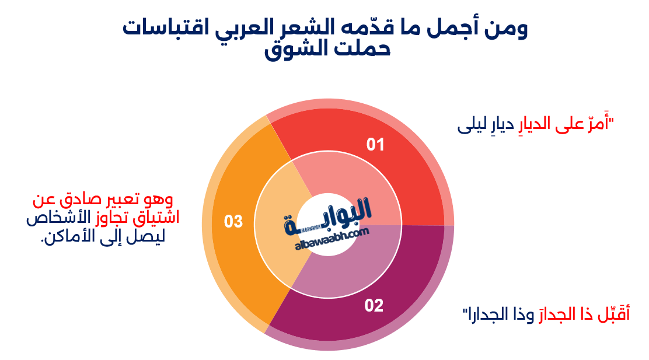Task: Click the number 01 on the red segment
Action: (375, 144)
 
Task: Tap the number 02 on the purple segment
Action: (374, 305)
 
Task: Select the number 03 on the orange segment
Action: (233, 222)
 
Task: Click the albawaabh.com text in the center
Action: (333, 237)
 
